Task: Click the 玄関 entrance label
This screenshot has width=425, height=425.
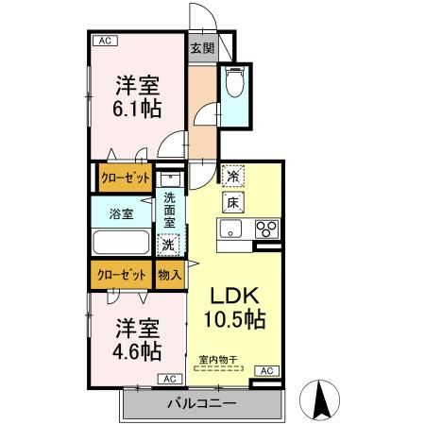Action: pos(202,48)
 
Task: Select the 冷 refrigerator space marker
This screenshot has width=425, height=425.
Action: pos(232,176)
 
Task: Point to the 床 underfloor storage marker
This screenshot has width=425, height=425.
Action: pos(232,202)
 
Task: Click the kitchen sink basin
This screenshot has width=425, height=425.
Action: pos(232,229)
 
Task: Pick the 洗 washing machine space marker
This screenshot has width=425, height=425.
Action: pos(167,245)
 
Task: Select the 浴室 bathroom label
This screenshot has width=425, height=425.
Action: pos(121,212)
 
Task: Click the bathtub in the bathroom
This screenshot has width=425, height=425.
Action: pos(120,242)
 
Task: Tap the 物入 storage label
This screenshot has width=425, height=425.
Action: pos(170,275)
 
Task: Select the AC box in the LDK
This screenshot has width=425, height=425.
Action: pos(266,370)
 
